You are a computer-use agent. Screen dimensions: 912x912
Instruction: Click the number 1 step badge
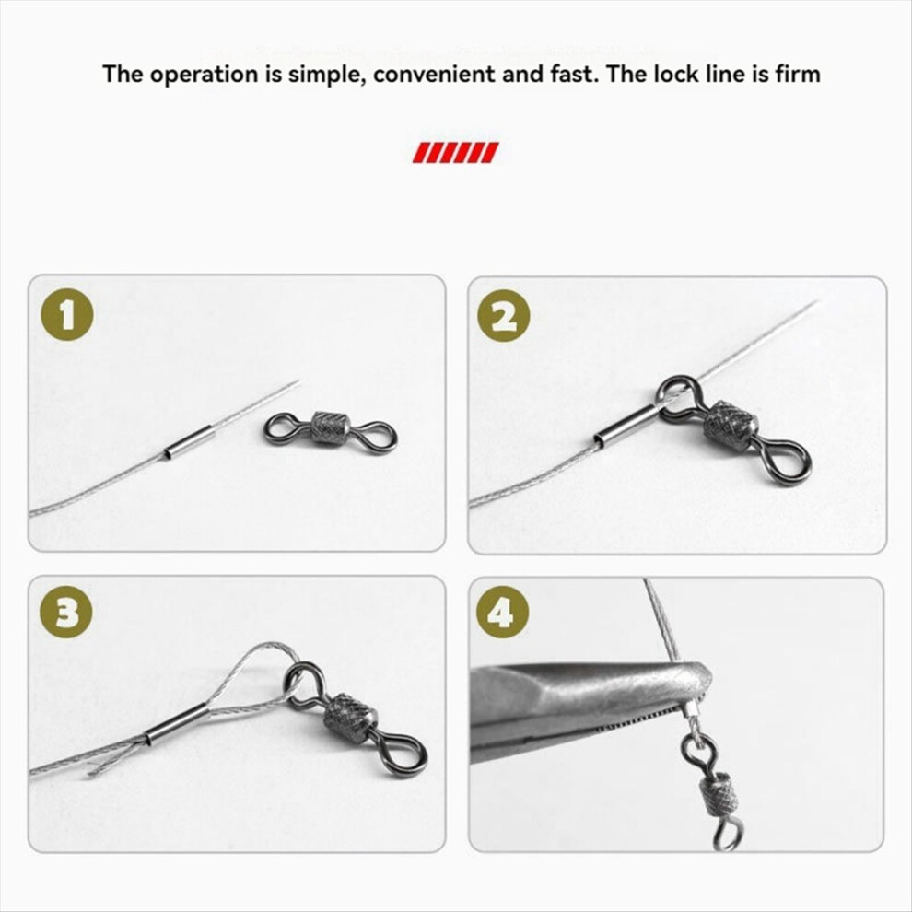tap(67, 314)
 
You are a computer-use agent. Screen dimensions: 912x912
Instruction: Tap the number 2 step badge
tap(504, 316)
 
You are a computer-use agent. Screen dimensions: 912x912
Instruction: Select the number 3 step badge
tap(65, 612)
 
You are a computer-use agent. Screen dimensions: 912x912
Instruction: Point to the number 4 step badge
tap(503, 612)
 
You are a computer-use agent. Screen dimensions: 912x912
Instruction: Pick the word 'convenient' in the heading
tap(434, 75)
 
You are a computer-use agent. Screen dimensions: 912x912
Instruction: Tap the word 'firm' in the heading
tap(798, 74)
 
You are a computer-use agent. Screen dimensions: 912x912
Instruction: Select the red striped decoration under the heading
tap(455, 152)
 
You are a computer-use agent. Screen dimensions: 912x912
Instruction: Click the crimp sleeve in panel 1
tap(187, 442)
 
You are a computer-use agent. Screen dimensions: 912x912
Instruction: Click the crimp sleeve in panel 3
tap(176, 723)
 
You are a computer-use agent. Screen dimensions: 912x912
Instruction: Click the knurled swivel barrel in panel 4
tap(720, 796)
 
